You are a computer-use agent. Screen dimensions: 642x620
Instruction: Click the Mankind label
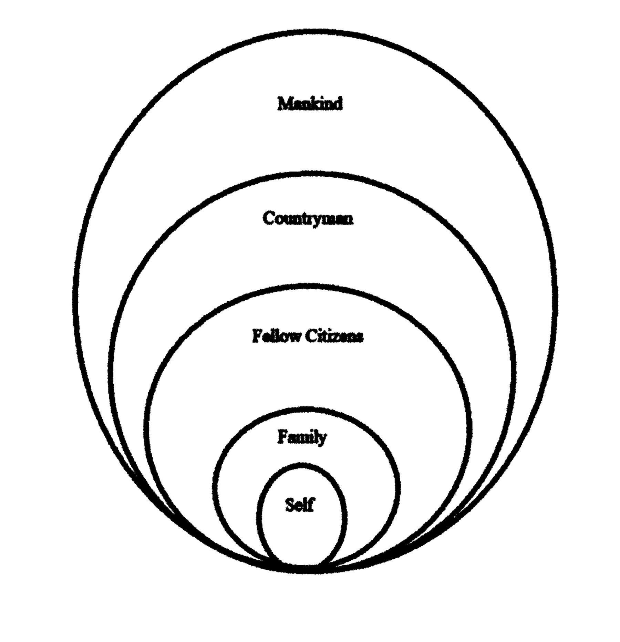coord(310,103)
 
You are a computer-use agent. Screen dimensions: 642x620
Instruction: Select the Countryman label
coord(308,218)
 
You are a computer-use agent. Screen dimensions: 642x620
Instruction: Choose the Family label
coord(302,437)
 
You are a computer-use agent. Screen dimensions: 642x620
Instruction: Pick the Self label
coord(300,505)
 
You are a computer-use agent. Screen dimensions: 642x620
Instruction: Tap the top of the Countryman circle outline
coord(312,174)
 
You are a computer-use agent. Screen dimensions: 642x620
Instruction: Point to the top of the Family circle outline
coord(307,410)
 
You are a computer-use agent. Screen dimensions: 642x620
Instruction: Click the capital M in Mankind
coord(285,103)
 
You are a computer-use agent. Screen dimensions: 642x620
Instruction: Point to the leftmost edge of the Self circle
coord(259,517)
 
